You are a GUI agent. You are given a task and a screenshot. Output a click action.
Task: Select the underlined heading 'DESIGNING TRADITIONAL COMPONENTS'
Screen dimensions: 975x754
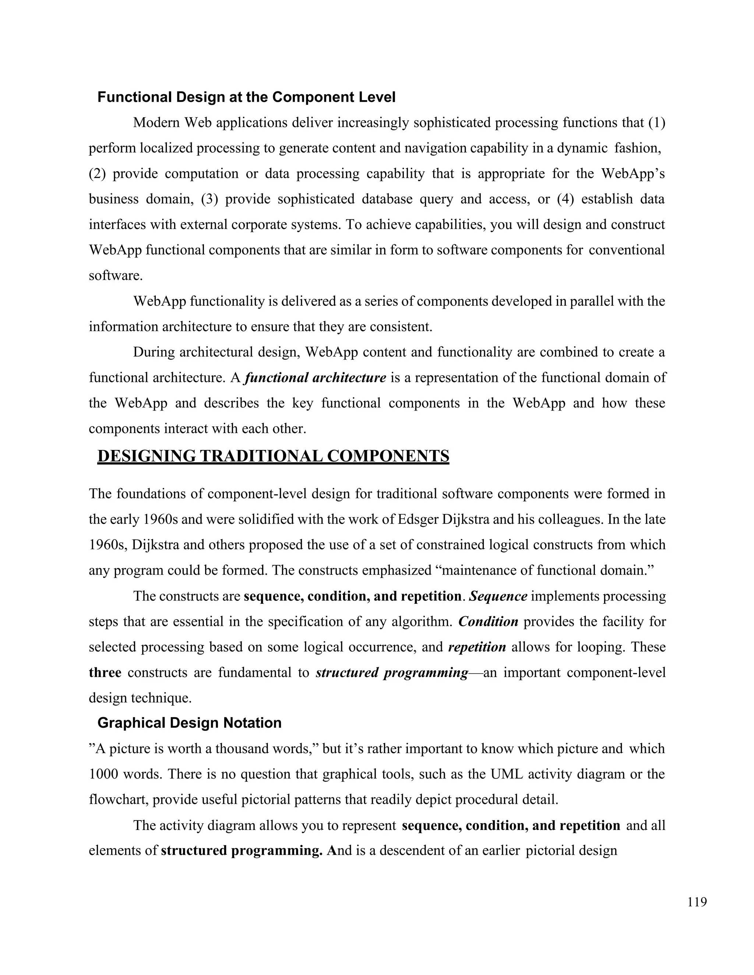point(273,456)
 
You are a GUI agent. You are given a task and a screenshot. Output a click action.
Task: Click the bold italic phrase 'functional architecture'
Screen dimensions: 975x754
point(316,378)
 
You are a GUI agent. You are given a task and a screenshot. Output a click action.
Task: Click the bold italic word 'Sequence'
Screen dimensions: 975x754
point(498,596)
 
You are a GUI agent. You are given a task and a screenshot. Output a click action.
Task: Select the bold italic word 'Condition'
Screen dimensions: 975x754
point(488,621)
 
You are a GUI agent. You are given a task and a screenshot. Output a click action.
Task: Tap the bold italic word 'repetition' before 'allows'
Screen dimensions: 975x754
point(477,647)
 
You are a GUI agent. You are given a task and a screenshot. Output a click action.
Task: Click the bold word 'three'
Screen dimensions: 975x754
point(105,672)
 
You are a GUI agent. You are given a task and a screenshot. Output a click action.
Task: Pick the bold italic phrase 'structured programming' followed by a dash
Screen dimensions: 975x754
point(391,672)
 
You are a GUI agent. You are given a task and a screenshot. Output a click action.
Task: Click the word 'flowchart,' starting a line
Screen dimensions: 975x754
point(119,799)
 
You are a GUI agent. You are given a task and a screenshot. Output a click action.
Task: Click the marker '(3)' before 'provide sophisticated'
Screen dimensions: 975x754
point(209,199)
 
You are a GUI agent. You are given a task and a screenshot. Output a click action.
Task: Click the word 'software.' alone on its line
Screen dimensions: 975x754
point(116,276)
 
